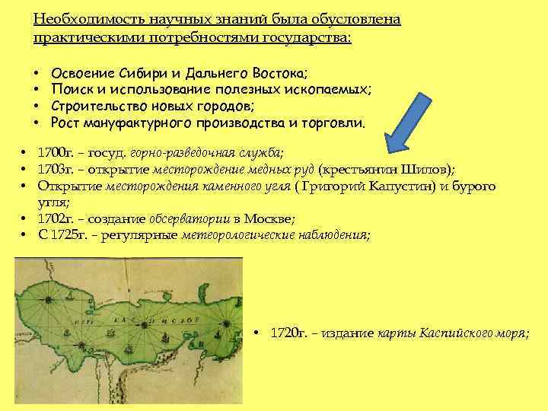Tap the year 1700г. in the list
click(x=57, y=152)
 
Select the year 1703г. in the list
click(x=57, y=169)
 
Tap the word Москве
click(x=272, y=218)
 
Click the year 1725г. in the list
click(x=70, y=235)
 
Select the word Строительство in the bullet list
click(x=94, y=106)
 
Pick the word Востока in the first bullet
click(x=279, y=74)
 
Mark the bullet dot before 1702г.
click(x=25, y=218)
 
